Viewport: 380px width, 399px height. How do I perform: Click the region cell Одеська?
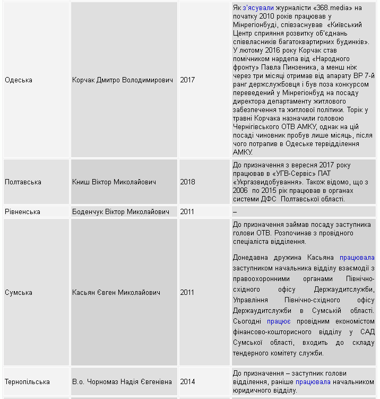pos(19,80)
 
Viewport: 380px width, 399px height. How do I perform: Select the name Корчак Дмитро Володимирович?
pos(123,80)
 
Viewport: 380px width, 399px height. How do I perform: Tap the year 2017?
pos(187,80)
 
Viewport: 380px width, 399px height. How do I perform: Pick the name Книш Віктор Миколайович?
pos(114,182)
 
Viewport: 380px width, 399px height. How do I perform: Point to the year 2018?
pos(187,182)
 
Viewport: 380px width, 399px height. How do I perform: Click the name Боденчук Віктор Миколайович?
pos(121,212)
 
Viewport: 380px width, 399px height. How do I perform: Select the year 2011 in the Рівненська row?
pos(187,212)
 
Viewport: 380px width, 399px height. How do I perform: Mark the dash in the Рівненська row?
pos(235,212)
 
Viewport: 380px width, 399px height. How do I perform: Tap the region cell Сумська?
pos(19,293)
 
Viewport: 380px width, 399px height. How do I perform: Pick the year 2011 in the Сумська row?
pos(187,293)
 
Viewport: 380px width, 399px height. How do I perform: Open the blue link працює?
pos(279,321)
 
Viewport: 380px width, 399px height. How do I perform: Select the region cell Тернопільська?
pos(27,382)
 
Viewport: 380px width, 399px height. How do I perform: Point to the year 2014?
pos(187,382)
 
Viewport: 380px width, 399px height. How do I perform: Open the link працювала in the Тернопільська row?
pos(313,382)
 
